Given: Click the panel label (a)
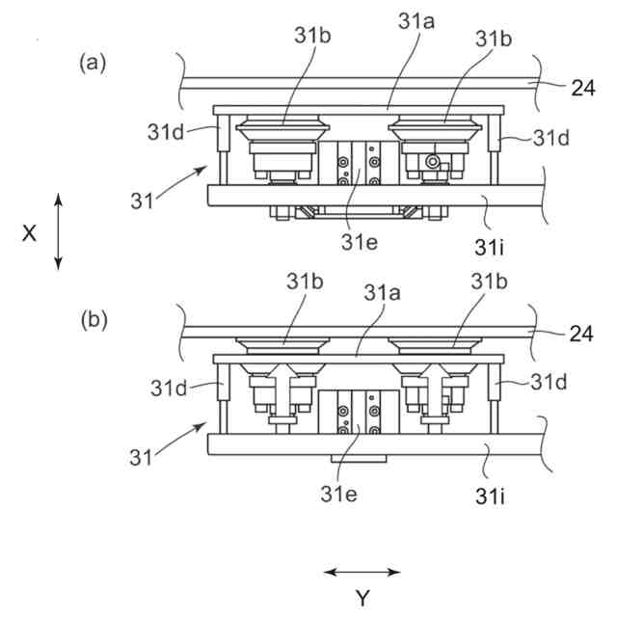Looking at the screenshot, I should tap(93, 64).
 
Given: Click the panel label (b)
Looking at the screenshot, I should tap(94, 319).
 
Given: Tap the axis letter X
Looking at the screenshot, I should tap(29, 232).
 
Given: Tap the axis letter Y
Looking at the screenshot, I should tap(362, 599).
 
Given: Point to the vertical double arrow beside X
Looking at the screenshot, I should tap(59, 231).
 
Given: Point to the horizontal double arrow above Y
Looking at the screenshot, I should tap(362, 573).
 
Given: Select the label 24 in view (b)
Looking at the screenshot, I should tap(580, 334).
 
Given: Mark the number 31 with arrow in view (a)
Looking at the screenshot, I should tap(142, 204).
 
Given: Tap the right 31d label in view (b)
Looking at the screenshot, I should tap(550, 382).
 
